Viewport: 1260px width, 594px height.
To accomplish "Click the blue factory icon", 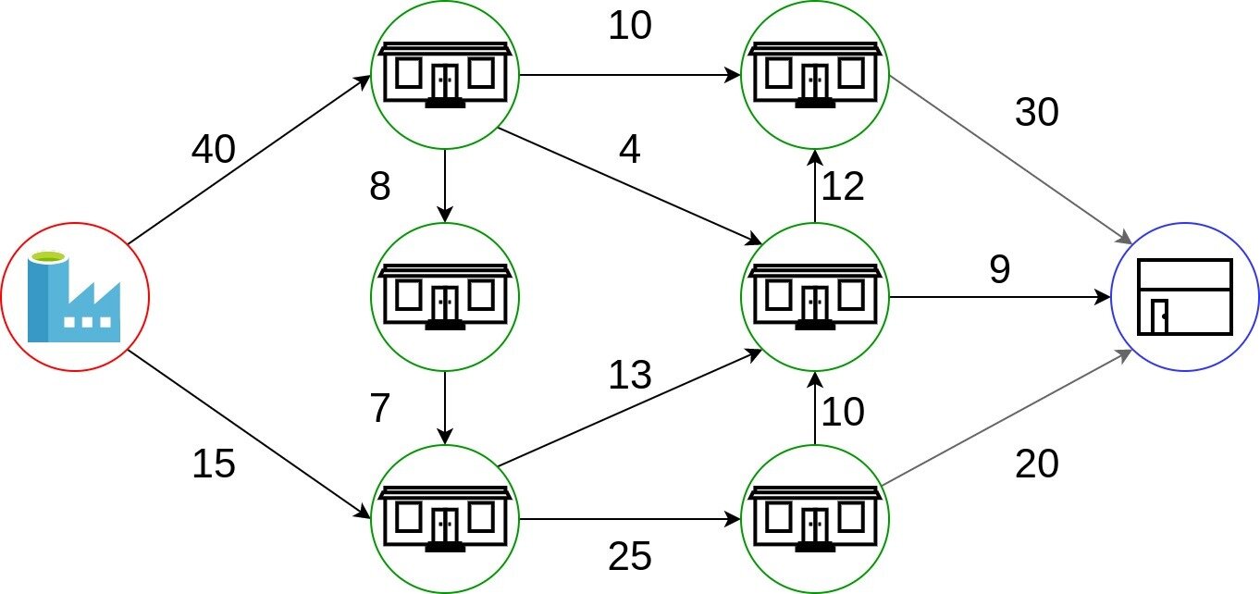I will (74, 297).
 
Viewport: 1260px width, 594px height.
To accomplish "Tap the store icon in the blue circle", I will (1185, 297).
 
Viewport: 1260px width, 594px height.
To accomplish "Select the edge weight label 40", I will (214, 149).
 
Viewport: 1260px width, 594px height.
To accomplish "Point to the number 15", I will (214, 464).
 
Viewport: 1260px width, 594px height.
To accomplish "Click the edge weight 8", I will (380, 188).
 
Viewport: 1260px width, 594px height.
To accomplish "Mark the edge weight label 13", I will (630, 376).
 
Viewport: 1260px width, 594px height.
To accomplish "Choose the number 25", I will (630, 555).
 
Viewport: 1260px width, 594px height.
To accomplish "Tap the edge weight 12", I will (843, 188).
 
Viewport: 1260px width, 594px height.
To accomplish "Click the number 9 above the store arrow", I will (1000, 269).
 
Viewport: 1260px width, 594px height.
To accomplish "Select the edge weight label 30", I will (1037, 113).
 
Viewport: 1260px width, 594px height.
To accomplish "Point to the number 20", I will (1037, 464).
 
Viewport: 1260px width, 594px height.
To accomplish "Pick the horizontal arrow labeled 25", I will (629, 519).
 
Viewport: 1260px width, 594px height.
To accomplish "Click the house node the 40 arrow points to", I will (445, 75).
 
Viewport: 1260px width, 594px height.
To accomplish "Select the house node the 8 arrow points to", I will (445, 297).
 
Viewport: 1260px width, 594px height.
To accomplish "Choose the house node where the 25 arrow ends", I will (815, 519).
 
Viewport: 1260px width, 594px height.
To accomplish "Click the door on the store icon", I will (1158, 316).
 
